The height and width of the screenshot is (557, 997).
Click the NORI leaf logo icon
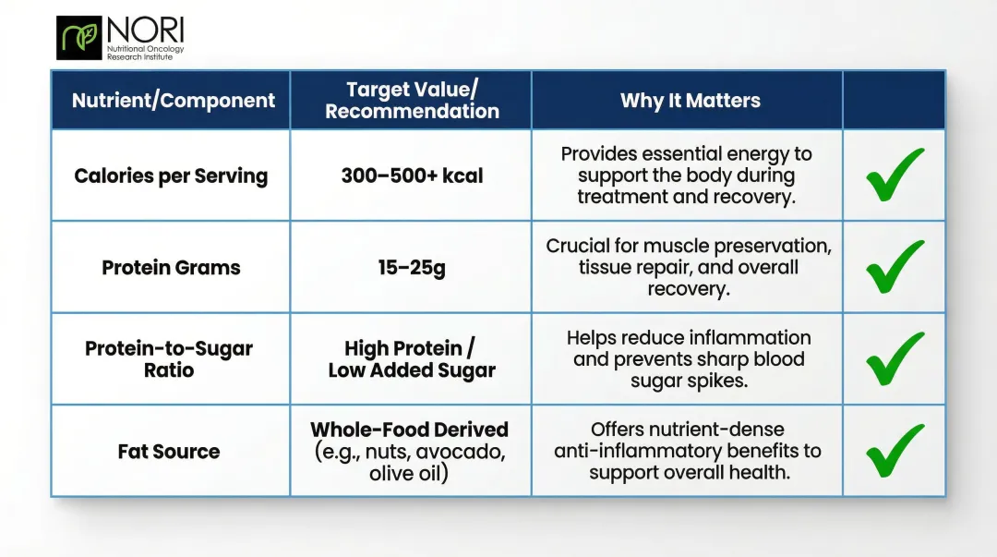tap(78, 37)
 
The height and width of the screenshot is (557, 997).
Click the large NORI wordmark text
tap(144, 29)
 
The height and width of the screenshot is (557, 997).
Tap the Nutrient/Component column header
tap(174, 101)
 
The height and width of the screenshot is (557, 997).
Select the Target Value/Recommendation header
tap(412, 101)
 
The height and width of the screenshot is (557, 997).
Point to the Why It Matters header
tap(690, 101)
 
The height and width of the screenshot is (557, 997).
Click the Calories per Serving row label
tap(171, 176)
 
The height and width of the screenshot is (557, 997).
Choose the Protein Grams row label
tap(171, 268)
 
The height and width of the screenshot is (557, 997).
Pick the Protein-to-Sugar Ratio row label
tap(169, 359)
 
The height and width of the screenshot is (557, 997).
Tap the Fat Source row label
tap(169, 452)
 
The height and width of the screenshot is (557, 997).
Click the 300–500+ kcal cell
tap(412, 176)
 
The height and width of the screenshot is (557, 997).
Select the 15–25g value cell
tap(412, 268)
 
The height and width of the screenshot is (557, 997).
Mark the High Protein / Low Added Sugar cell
tap(412, 359)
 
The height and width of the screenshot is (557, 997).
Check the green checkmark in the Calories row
tap(894, 175)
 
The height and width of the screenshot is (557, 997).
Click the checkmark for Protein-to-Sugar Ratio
tap(894, 358)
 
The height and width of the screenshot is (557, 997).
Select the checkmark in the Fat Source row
tap(894, 451)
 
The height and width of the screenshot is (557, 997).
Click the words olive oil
tap(409, 474)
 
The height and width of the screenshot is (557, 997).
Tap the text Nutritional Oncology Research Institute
tap(145, 53)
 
